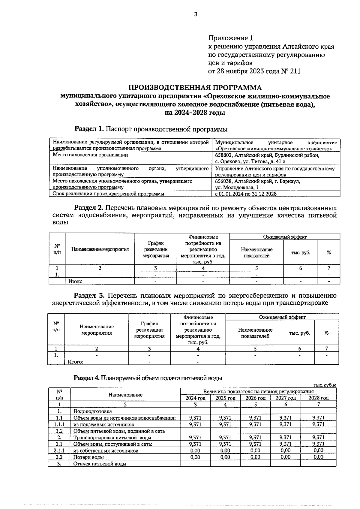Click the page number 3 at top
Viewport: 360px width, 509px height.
click(196, 14)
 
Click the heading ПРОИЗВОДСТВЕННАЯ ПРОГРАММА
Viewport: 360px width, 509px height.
click(195, 88)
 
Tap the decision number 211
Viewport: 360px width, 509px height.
click(295, 71)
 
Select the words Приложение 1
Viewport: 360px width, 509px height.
click(230, 38)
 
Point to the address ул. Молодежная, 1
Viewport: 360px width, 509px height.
click(237, 188)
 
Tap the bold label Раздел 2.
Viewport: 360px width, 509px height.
click(89, 208)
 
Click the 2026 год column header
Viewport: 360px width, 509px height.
click(255, 398)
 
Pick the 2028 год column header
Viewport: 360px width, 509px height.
click(318, 398)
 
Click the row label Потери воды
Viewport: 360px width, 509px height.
click(89, 457)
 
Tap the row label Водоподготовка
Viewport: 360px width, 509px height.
click(93, 411)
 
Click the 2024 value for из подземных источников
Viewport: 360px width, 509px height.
click(195, 424)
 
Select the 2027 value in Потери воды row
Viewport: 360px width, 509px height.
click(285, 457)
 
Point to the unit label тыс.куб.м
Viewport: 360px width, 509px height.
click(325, 385)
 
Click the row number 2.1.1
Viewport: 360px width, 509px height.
click(59, 451)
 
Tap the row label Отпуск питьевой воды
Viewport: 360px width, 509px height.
click(100, 464)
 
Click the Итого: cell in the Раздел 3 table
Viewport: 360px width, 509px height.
click(76, 362)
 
